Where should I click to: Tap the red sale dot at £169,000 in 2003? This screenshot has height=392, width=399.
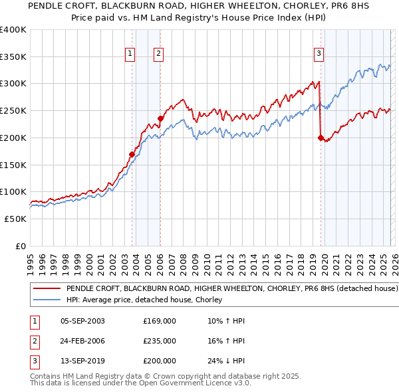(x=132, y=154)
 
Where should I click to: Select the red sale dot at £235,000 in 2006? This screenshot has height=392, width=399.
(x=160, y=119)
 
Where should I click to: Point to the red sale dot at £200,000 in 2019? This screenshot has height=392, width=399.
(x=321, y=138)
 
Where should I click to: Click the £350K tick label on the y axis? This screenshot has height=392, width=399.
(x=13, y=57)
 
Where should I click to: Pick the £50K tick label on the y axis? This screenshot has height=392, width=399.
(x=15, y=219)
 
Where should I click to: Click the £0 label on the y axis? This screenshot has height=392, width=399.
(x=21, y=246)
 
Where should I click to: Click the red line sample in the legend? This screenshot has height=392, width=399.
(x=47, y=289)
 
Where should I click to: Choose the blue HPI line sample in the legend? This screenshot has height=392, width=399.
(x=47, y=300)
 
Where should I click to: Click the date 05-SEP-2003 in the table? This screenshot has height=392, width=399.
(x=82, y=321)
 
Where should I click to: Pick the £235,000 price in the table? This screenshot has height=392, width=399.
(x=159, y=341)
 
